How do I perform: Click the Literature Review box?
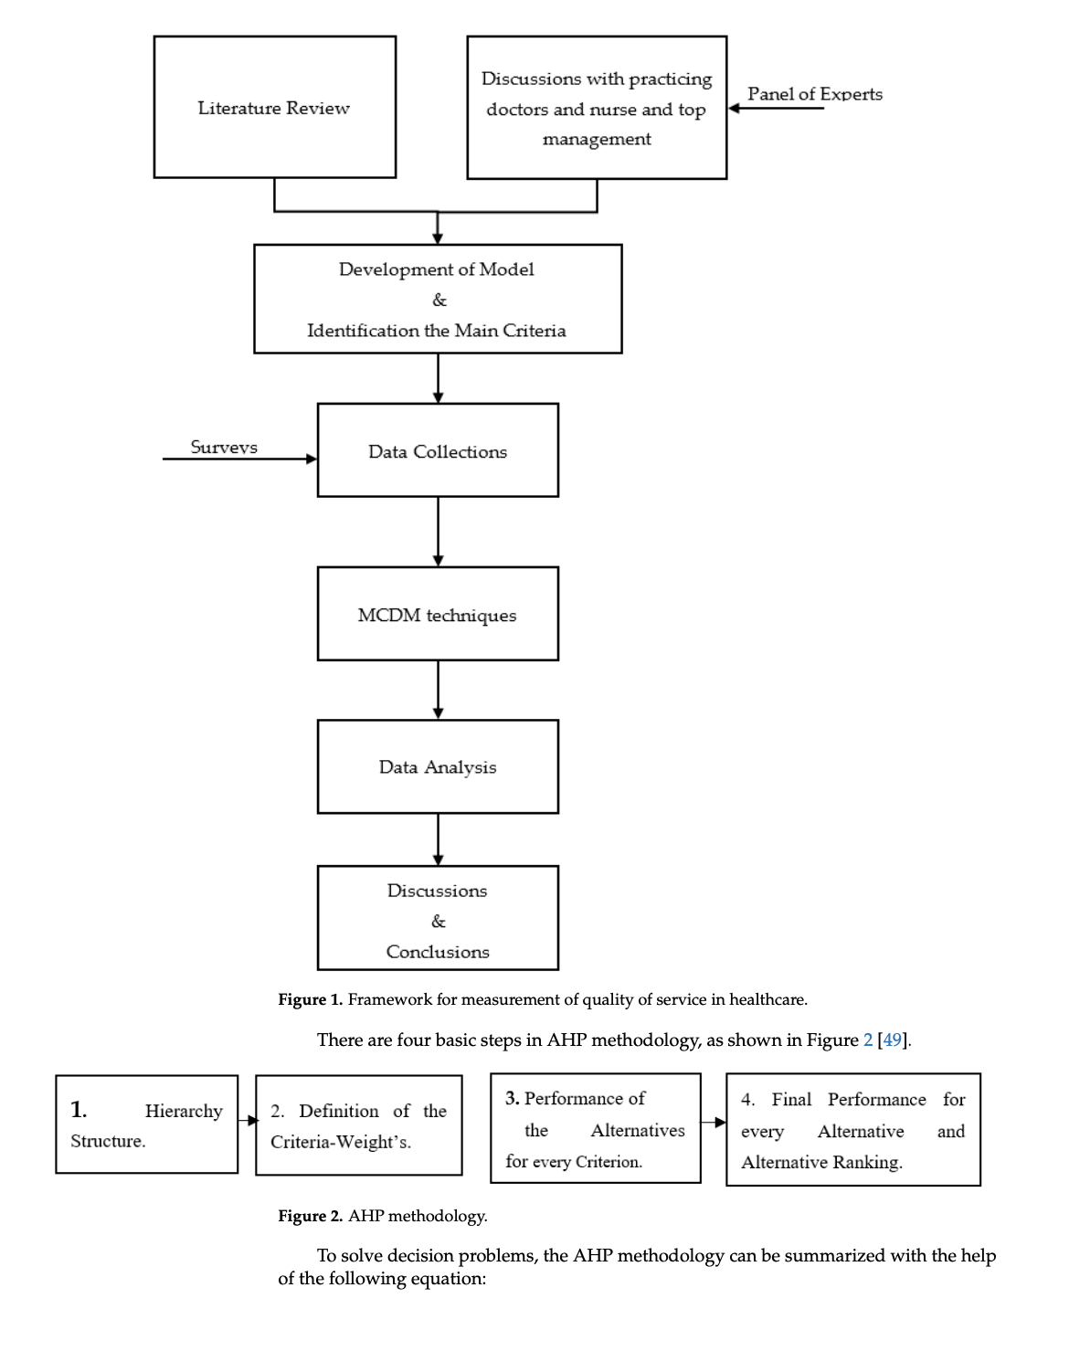274,107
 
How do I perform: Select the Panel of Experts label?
814,93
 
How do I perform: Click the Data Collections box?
438,450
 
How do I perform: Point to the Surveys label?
224,447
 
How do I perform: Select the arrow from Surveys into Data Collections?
239,459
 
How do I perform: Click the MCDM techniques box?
438,614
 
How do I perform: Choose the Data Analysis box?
438,766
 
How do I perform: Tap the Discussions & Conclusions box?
438,918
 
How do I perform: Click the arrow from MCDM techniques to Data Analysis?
438,690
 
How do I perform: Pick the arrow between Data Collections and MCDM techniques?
438,532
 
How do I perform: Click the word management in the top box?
597,139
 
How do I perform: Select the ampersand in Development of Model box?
439,300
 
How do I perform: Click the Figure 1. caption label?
310,999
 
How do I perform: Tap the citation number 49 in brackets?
893,1040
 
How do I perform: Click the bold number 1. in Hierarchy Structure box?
79,1109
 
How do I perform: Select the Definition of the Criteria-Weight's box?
358,1125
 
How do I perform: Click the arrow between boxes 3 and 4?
714,1122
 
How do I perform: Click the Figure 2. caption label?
310,1216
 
